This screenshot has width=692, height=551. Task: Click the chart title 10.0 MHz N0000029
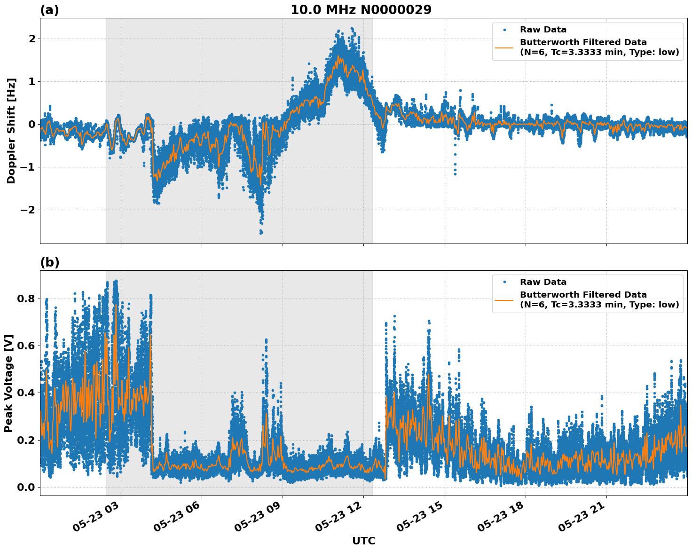[x=361, y=10]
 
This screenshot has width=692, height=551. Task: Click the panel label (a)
[x=49, y=10]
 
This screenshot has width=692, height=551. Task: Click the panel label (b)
[x=49, y=262]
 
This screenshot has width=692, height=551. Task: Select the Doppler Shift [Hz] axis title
[x=11, y=131]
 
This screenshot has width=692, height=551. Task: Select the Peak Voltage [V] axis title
[x=8, y=383]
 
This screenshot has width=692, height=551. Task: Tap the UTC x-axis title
[x=363, y=541]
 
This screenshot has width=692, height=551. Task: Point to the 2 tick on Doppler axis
[x=31, y=39]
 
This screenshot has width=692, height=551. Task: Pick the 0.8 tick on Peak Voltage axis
[x=26, y=299]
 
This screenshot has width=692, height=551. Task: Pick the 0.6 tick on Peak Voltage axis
[x=26, y=346]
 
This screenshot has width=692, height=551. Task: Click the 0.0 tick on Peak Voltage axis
[x=26, y=487]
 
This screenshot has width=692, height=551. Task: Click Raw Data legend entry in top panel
[x=543, y=30]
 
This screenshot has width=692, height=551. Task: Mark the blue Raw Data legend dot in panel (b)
[x=504, y=282]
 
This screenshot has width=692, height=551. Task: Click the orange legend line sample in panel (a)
[x=504, y=47]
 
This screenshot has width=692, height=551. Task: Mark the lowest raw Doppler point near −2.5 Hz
[x=261, y=233]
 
